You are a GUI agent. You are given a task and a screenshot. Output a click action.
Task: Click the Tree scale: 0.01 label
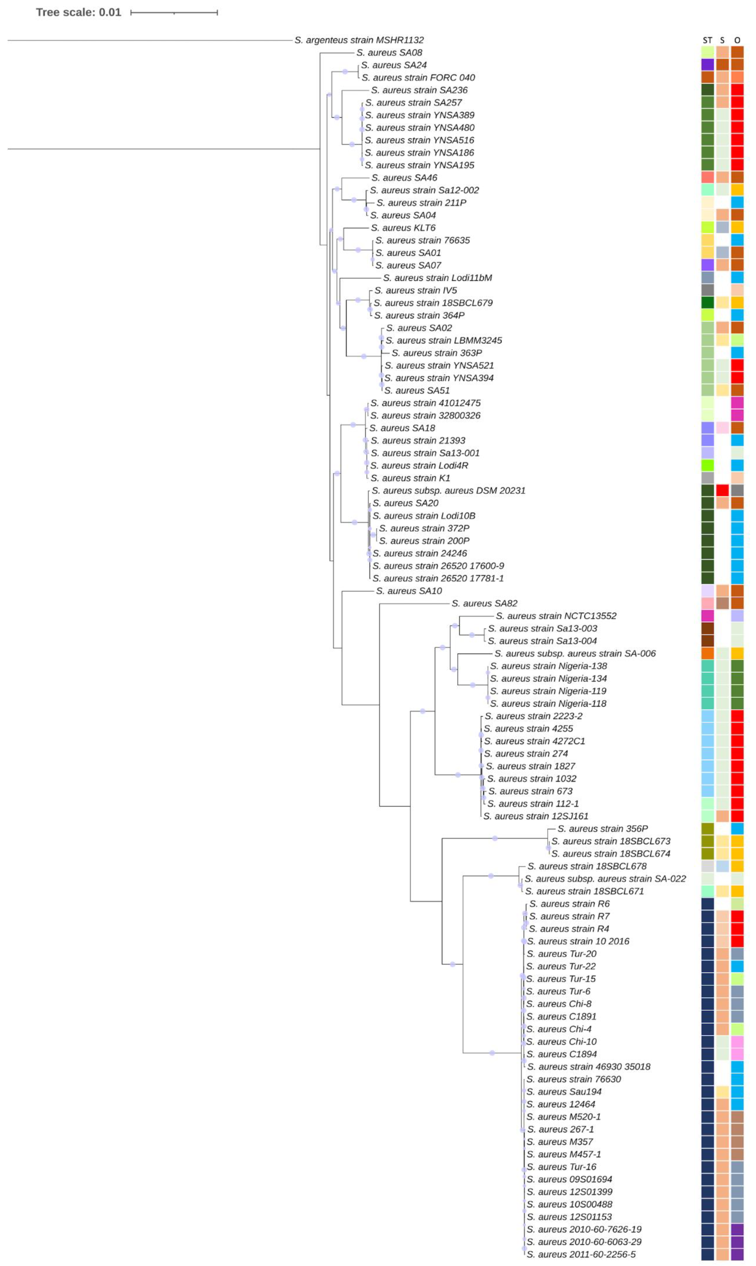(78, 12)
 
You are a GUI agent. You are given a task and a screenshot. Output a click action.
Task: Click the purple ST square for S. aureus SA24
(707, 65)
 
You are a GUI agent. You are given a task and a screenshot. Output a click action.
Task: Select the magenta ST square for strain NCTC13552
(707, 616)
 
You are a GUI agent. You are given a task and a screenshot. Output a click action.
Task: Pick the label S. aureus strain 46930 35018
(588, 1066)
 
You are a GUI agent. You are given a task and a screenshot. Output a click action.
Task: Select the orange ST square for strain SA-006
(707, 653)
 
